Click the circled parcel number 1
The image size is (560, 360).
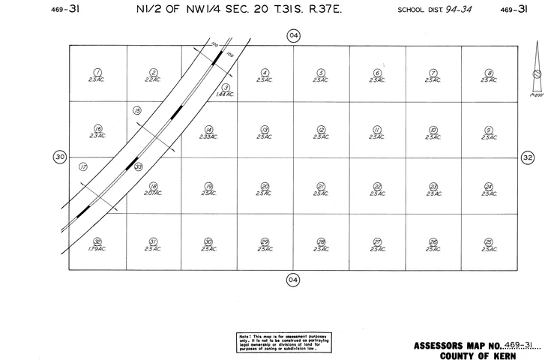(x=97, y=71)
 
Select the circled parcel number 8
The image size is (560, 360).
(x=489, y=72)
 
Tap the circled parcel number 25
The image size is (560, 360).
(x=489, y=241)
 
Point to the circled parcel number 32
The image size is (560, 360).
(x=97, y=241)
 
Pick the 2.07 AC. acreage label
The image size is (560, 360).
(x=154, y=193)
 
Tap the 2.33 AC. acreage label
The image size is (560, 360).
(x=208, y=136)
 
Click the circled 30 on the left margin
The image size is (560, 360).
(x=60, y=157)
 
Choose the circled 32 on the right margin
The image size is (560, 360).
(x=528, y=157)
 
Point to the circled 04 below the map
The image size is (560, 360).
(x=293, y=280)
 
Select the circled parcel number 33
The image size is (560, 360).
(x=139, y=166)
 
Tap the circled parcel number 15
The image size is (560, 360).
(x=137, y=111)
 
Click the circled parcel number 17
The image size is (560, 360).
(x=83, y=166)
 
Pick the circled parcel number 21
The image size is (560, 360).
(x=321, y=185)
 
